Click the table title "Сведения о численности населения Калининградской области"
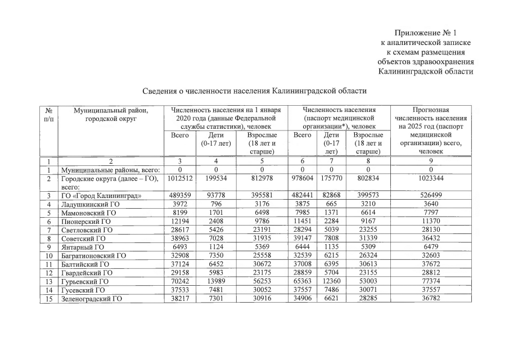(x=254, y=91)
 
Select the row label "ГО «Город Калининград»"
(x=101, y=196)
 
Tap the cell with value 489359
(x=180, y=196)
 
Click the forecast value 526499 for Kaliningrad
(x=431, y=196)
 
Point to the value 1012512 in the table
(x=180, y=179)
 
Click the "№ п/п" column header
(x=49, y=114)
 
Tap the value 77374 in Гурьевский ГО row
(x=431, y=281)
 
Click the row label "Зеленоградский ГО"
(x=93, y=299)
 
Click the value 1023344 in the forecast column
(x=431, y=179)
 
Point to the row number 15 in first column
(x=49, y=299)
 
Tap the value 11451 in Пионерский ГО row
(x=303, y=222)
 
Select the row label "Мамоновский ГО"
(x=88, y=213)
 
